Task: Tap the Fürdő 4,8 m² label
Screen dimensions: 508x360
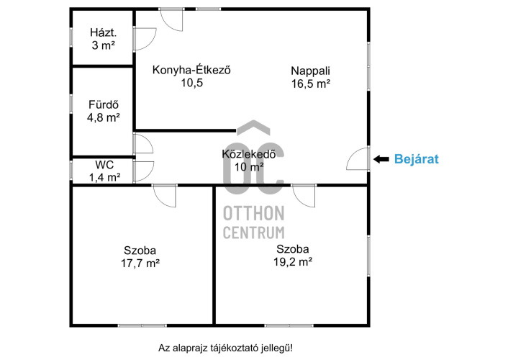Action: pyautogui.click(x=104, y=111)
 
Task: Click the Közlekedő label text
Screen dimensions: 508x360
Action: pyautogui.click(x=249, y=154)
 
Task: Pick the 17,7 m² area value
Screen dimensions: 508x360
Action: pyautogui.click(x=140, y=263)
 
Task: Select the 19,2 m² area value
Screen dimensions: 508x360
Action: pyautogui.click(x=293, y=262)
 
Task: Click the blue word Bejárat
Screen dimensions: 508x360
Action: pyautogui.click(x=417, y=159)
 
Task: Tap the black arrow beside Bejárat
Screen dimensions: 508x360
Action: pyautogui.click(x=381, y=159)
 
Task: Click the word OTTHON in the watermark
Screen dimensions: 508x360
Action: pyautogui.click(x=254, y=213)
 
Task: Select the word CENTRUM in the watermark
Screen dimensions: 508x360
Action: pyautogui.click(x=254, y=233)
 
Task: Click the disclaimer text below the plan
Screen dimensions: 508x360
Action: pyautogui.click(x=225, y=348)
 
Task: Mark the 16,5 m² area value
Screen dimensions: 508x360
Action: pyautogui.click(x=311, y=84)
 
